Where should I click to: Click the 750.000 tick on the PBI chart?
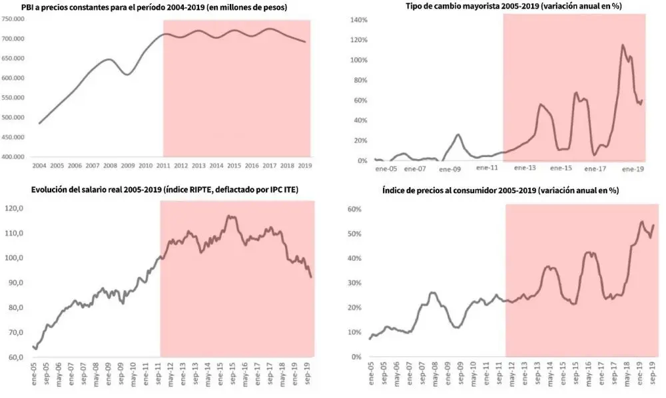tap(15, 19)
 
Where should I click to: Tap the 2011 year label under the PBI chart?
tap(163, 164)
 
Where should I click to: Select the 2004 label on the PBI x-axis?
tap(39, 164)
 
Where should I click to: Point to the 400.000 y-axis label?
tap(15, 157)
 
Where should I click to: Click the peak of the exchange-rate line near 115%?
tap(623, 45)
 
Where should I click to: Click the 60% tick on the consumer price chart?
tap(353, 209)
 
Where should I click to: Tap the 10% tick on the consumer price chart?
tap(353, 333)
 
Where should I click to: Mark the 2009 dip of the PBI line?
tap(127, 75)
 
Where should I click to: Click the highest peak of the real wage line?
tap(228, 216)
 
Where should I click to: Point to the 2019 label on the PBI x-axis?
tap(304, 164)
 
